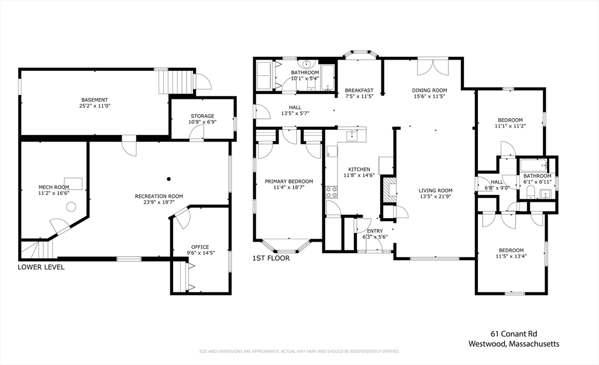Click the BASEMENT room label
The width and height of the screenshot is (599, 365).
pos(94,100)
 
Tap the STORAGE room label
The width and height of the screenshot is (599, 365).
pos(202,116)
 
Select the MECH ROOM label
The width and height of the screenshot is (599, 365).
pos(53,187)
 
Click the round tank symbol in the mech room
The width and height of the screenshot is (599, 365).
pos(71,206)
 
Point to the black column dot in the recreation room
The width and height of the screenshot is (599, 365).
pos(168,178)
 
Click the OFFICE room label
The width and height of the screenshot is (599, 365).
pos(200,247)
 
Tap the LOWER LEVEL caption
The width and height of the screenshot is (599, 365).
pos(41,267)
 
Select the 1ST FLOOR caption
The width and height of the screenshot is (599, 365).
pos(271,257)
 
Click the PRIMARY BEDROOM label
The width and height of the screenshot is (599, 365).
pos(289,181)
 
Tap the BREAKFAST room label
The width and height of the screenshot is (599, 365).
pos(359,90)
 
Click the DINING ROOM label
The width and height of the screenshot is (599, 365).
pos(430,90)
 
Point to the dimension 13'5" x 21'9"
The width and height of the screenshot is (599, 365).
pos(436,197)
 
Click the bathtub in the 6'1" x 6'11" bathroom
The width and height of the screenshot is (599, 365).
pos(533,164)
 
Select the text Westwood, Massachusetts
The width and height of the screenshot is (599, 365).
pos(514,344)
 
